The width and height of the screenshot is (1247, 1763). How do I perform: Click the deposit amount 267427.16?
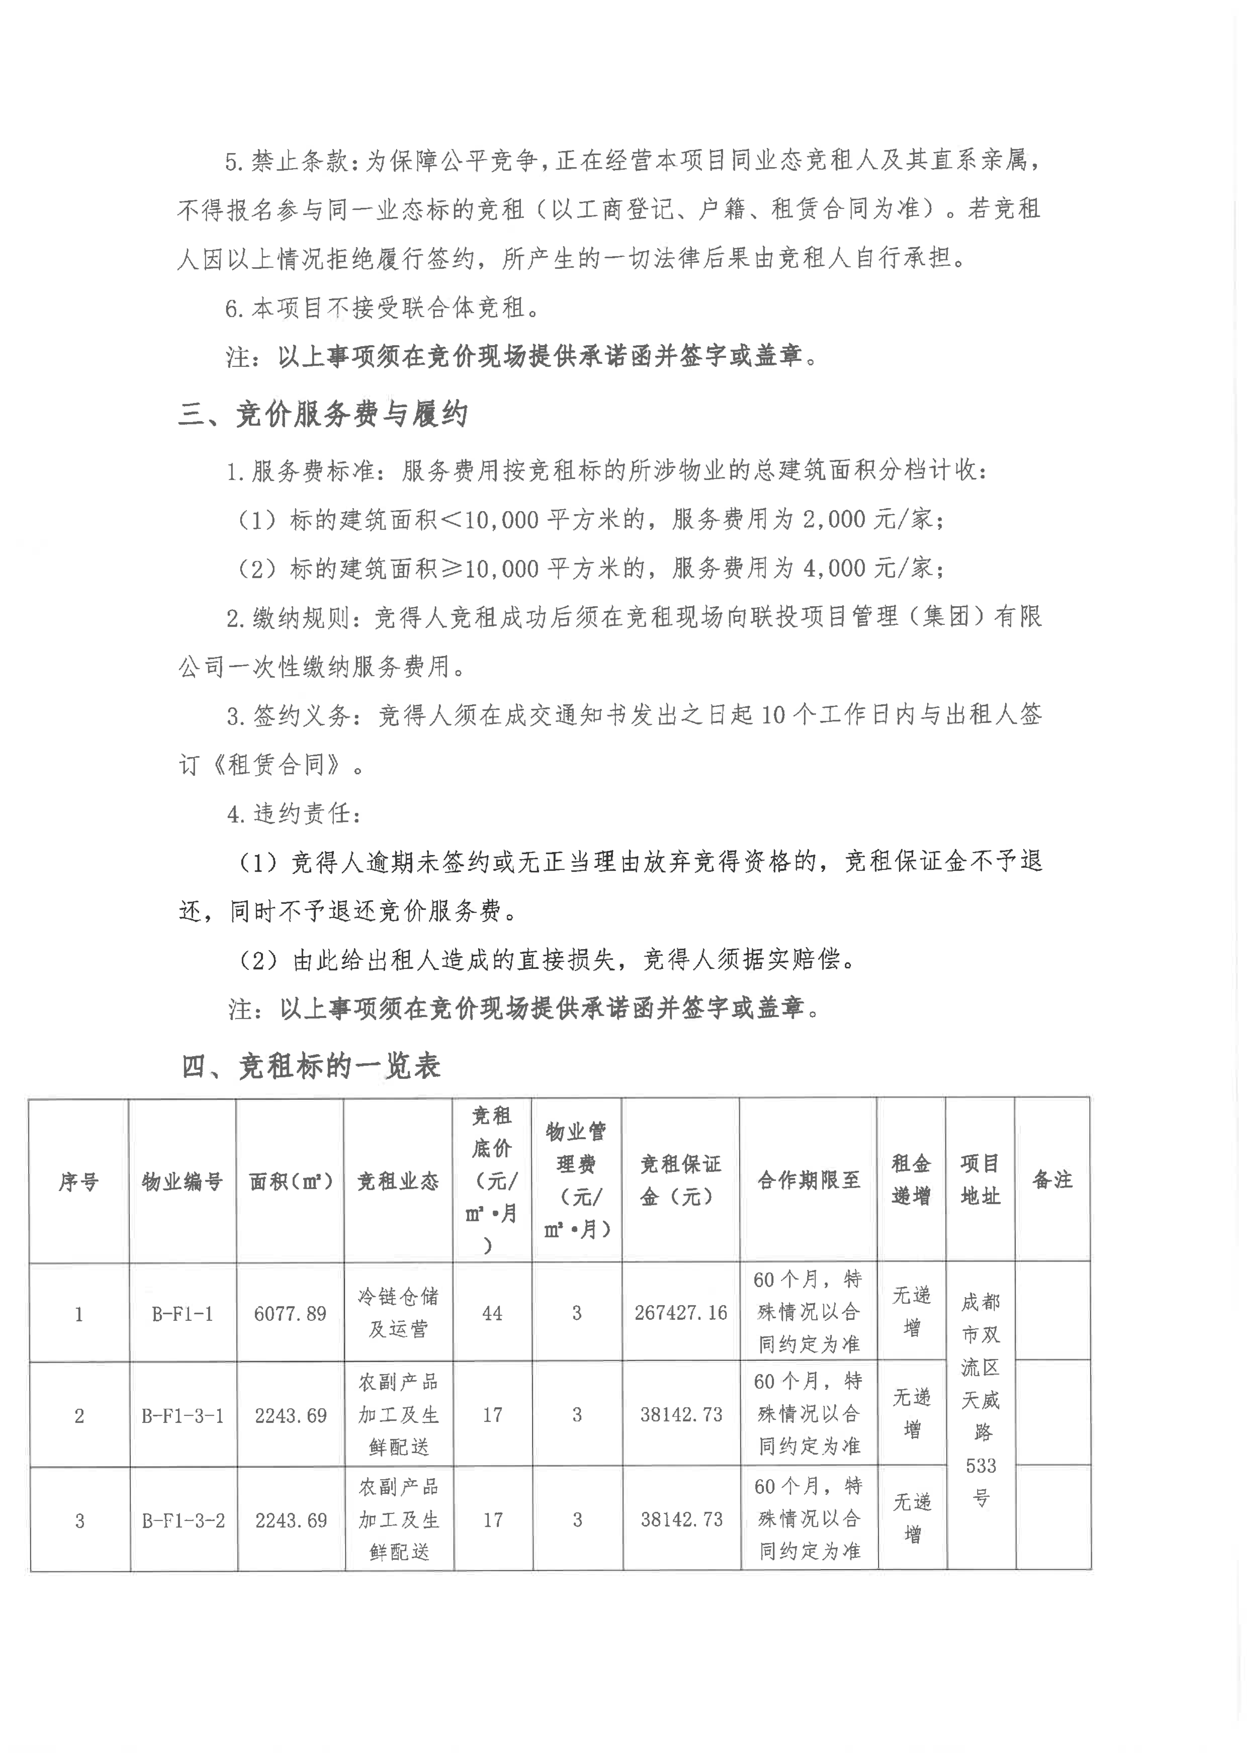click(680, 1313)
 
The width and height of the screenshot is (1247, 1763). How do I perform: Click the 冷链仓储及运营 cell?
click(398, 1313)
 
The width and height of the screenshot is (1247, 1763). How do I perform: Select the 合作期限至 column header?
click(809, 1180)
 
